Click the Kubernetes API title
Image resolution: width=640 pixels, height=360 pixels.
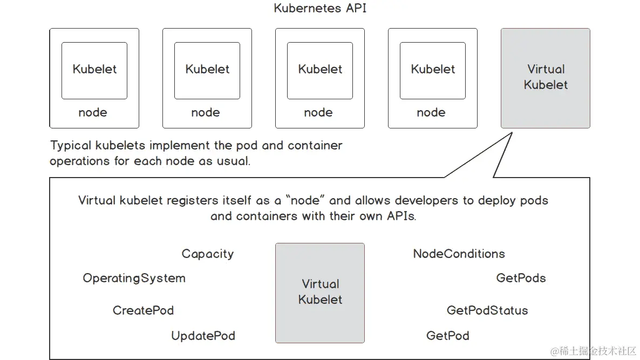321,8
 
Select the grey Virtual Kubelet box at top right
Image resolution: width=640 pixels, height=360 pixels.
545,78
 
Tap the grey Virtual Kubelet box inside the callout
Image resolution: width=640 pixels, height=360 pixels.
320,293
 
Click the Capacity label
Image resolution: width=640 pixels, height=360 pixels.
207,254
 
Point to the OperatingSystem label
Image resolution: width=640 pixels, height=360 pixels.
134,279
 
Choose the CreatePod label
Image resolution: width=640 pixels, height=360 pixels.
143,310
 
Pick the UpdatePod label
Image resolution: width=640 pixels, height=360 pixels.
203,336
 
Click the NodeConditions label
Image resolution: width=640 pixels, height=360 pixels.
459,254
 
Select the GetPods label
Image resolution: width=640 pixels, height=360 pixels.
521,279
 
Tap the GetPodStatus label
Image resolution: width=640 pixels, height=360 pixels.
487,310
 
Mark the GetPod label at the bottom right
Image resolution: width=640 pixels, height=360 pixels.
447,336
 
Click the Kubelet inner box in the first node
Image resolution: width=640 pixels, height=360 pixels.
94,70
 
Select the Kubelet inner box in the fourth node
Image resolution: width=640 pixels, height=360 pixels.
432,70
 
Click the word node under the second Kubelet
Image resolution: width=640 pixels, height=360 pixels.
206,113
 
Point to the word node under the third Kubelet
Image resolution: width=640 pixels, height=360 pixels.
318,113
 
